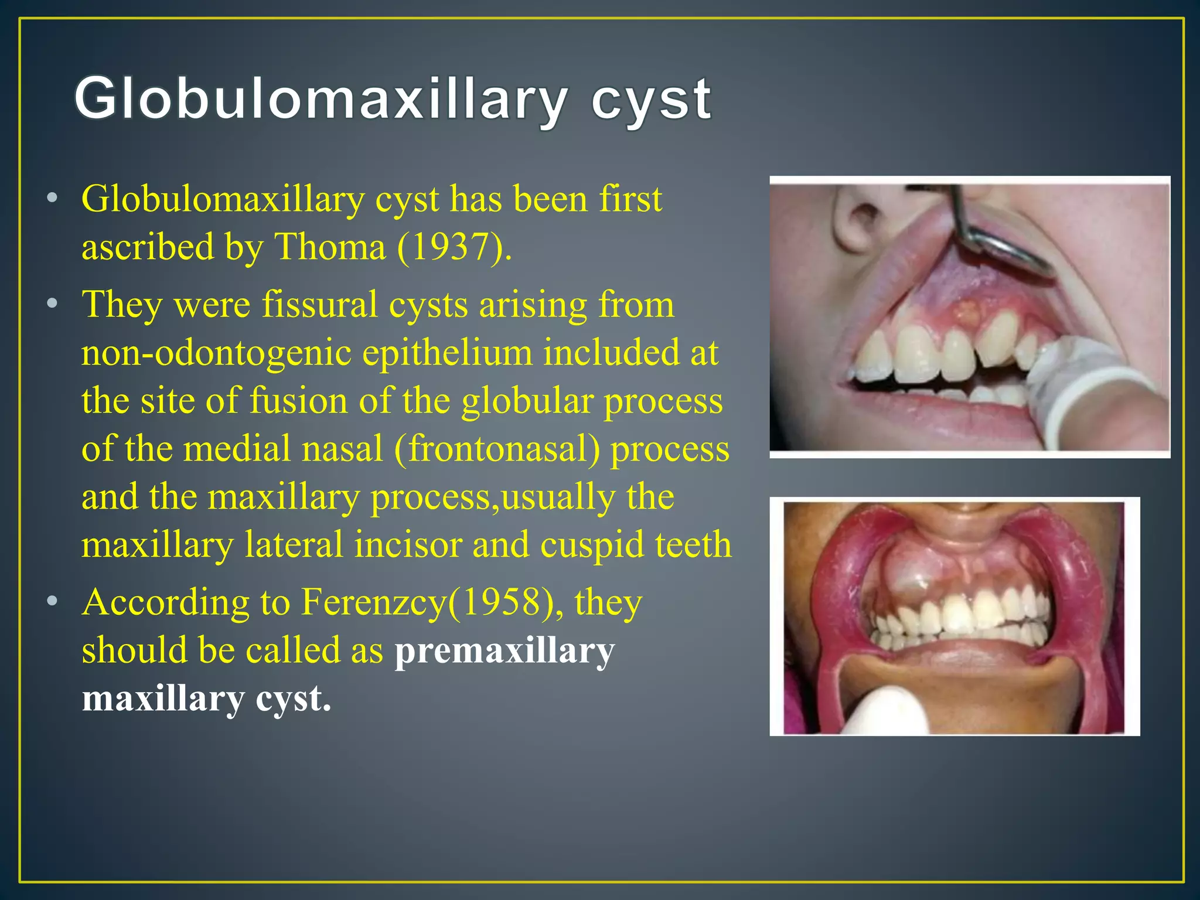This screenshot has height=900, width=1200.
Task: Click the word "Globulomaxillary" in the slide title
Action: pyautogui.click(x=320, y=100)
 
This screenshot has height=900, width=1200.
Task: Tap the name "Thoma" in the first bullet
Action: pyautogui.click(x=330, y=247)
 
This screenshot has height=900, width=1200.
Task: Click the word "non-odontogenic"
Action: pyautogui.click(x=216, y=353)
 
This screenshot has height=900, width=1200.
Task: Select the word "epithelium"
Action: pyautogui.click(x=448, y=353)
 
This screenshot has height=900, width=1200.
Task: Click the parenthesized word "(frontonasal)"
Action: pyautogui.click(x=497, y=449)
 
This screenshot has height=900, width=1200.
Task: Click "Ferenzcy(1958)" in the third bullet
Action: pyautogui.click(x=428, y=602)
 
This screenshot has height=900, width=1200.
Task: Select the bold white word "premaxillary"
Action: pyautogui.click(x=504, y=650)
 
